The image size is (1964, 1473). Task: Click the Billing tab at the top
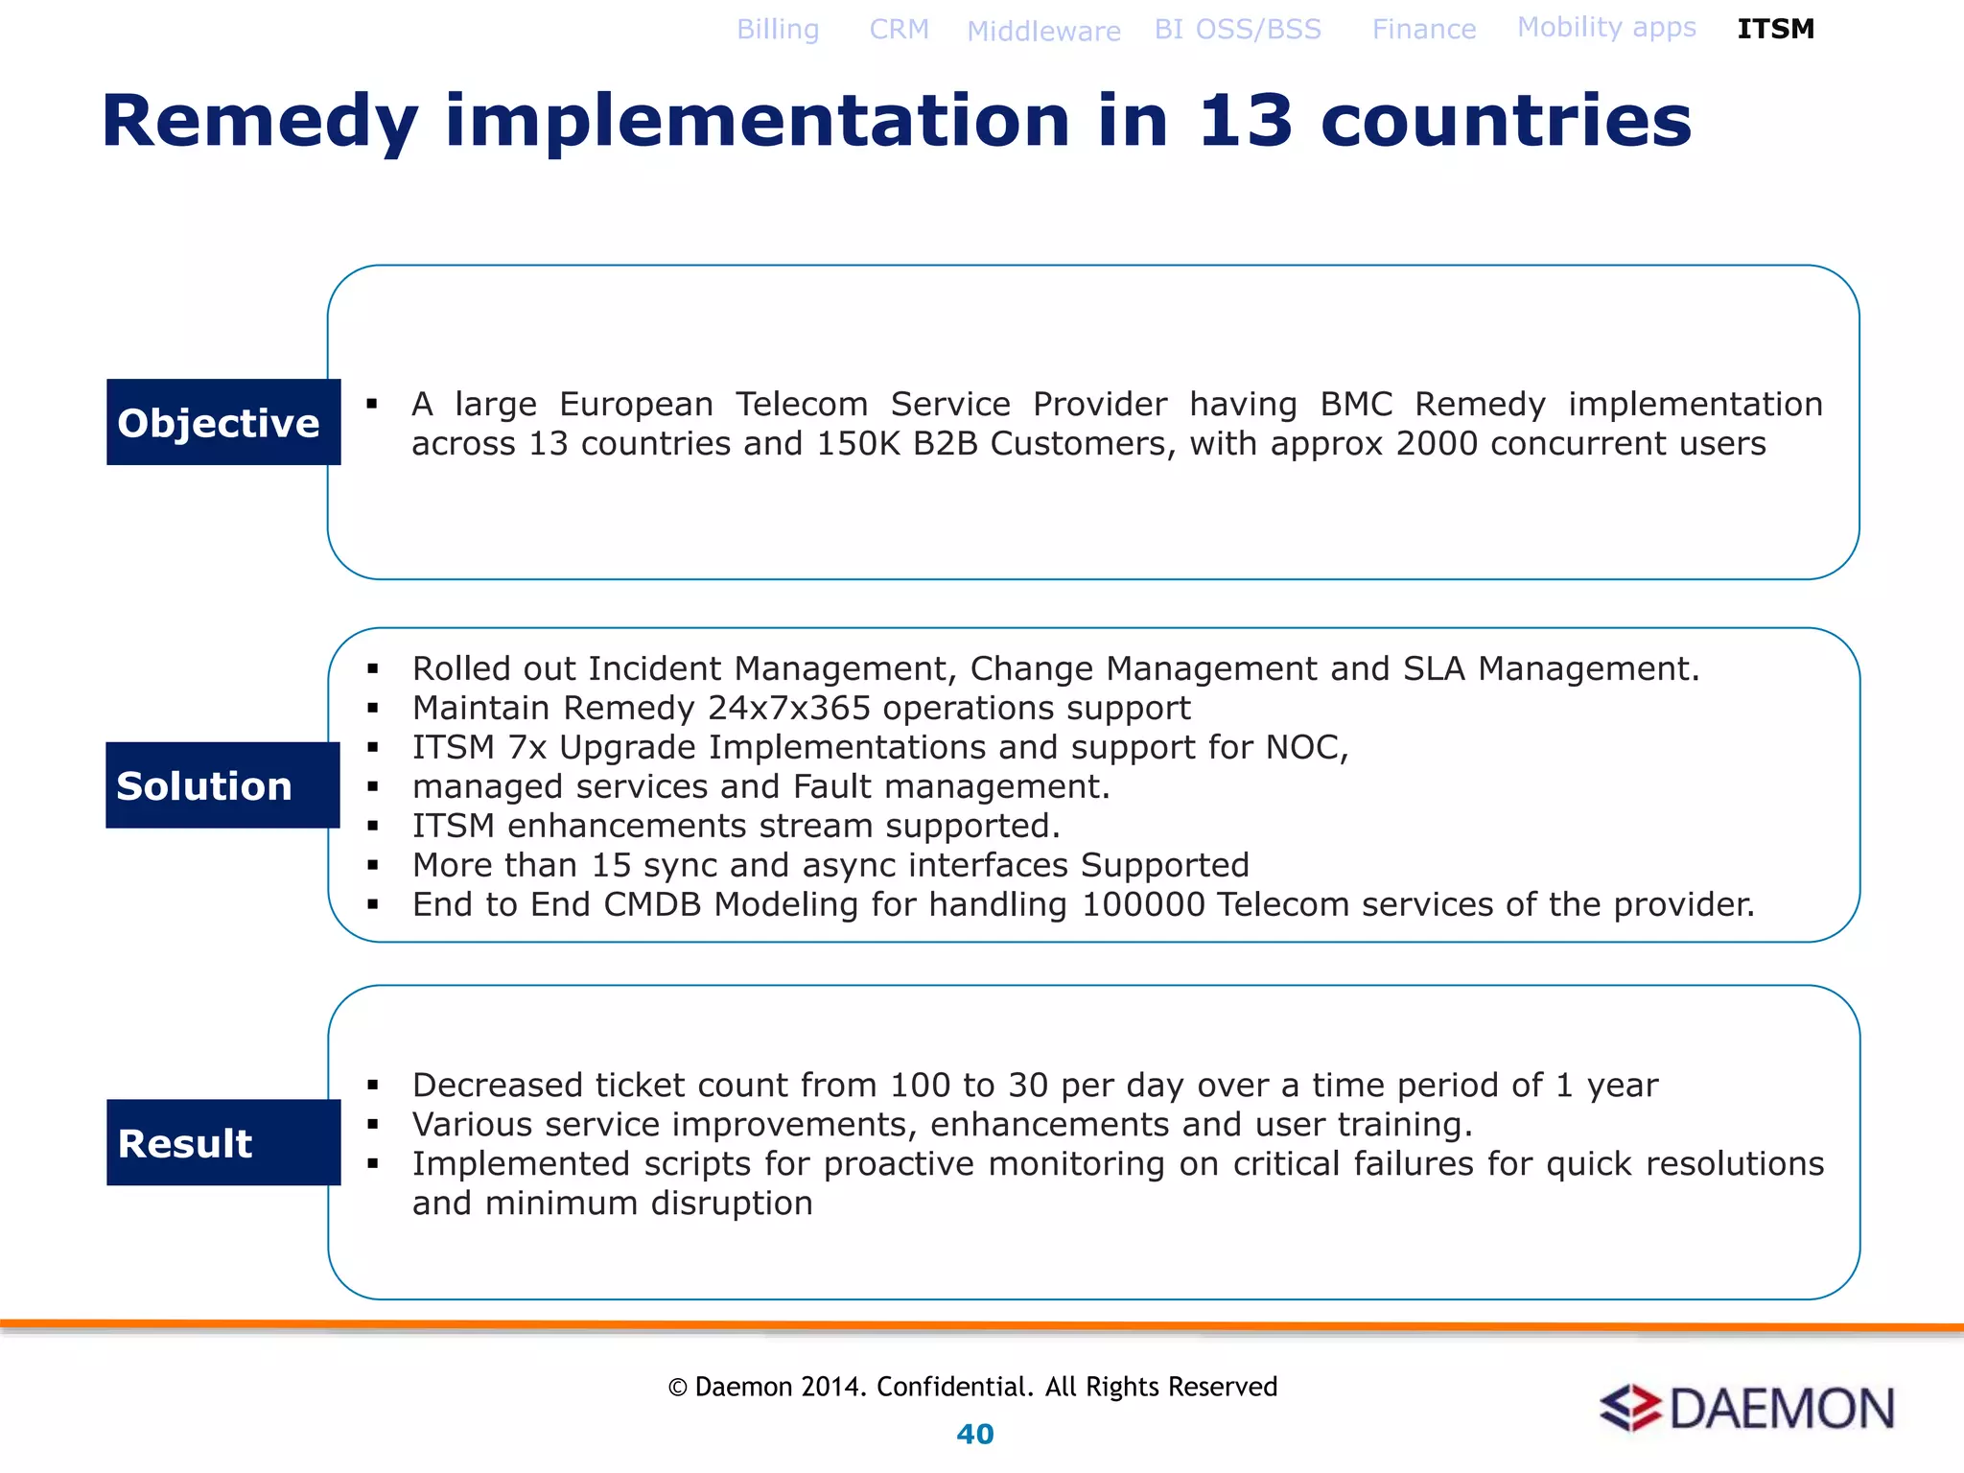click(778, 30)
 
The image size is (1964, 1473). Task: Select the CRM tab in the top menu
click(899, 30)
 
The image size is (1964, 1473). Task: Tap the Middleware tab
click(1043, 32)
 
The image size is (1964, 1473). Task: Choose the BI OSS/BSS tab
click(1237, 30)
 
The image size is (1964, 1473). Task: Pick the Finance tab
click(1423, 30)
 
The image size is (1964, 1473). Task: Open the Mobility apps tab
click(1606, 28)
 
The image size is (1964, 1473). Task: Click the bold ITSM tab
click(1775, 30)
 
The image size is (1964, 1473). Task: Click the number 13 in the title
click(1245, 122)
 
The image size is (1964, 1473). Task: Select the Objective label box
click(223, 422)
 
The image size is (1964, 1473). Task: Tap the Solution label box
click(222, 785)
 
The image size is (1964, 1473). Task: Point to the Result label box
click(223, 1142)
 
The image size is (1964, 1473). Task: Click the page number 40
click(975, 1435)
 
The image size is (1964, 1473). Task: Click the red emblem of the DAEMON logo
click(1630, 1409)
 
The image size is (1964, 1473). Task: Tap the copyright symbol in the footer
click(678, 1388)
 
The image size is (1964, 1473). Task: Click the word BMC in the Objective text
click(1355, 405)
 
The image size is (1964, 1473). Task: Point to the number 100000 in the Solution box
click(1142, 904)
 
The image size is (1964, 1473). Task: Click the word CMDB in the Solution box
click(652, 904)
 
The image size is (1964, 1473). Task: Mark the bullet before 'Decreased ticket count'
click(373, 1086)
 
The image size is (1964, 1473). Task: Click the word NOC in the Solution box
click(1305, 747)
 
